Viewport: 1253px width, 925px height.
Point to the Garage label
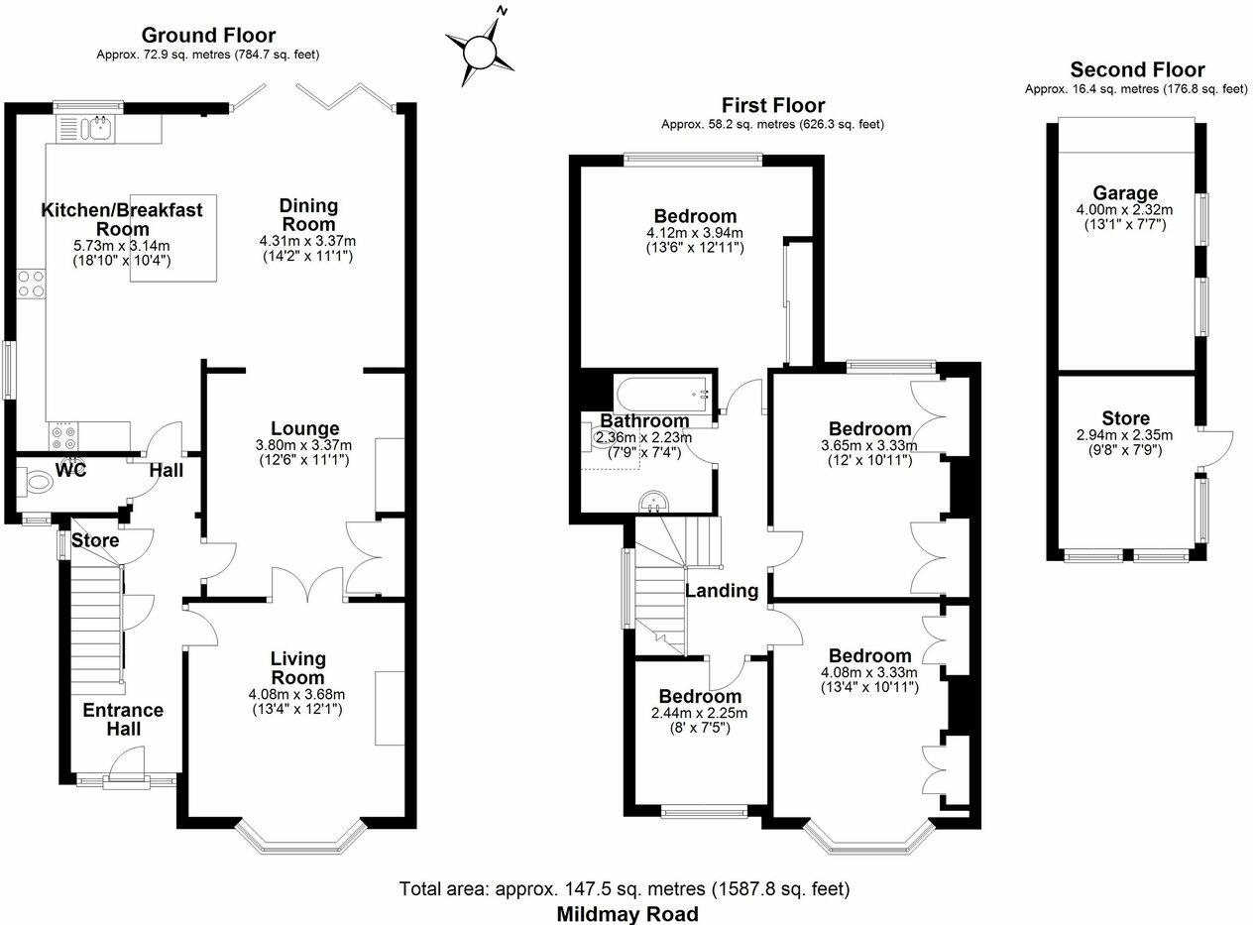coord(1125,193)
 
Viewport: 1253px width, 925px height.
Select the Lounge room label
coord(305,429)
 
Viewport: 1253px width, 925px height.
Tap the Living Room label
coord(297,668)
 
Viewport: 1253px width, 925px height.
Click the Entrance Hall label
coord(123,720)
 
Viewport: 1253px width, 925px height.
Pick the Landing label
coord(722,591)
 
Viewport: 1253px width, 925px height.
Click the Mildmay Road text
coord(626,913)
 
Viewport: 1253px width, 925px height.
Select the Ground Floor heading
coord(208,37)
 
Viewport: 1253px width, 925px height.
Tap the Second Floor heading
coord(1137,70)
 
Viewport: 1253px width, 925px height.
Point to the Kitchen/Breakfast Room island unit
coord(172,238)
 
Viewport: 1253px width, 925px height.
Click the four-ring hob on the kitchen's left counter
coord(31,285)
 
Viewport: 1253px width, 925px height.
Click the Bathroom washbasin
coord(652,504)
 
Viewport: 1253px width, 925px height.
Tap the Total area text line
coord(625,888)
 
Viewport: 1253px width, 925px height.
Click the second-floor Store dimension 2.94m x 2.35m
coord(1125,435)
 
